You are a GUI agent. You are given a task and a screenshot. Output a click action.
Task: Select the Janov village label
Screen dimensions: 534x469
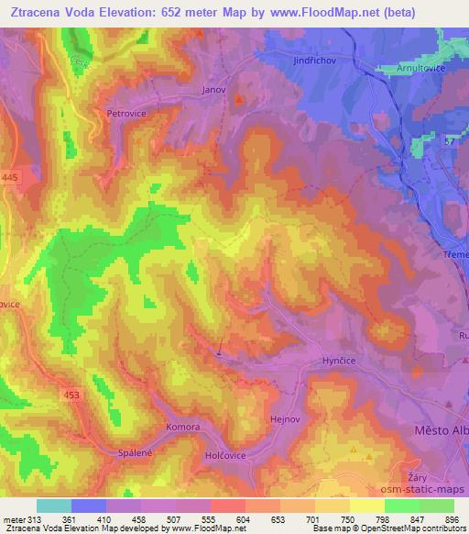[213, 90]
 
